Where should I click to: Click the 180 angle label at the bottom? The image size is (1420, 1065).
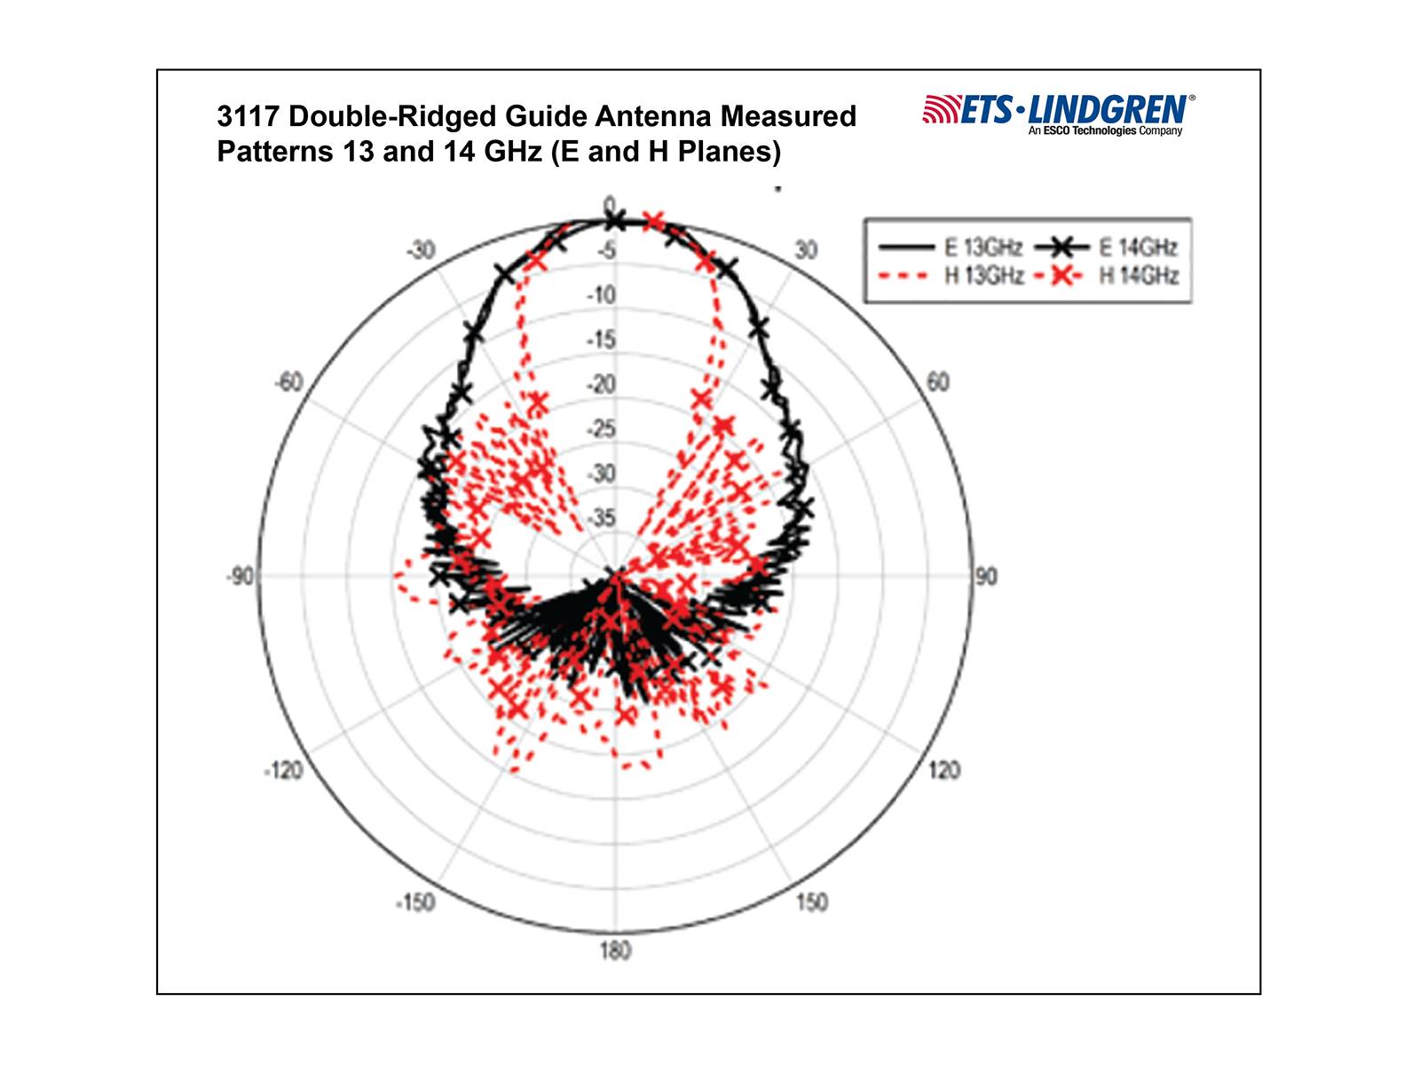point(615,951)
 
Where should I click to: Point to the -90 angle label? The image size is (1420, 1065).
point(240,577)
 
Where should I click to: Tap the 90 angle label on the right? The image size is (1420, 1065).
point(986,577)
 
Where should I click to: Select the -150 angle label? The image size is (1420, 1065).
point(415,903)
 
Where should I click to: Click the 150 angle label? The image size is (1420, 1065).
point(811,903)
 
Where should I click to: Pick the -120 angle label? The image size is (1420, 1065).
point(283,770)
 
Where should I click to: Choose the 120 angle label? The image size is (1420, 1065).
point(943,770)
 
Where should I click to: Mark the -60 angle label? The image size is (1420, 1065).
point(288,383)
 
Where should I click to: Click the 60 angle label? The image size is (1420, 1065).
point(937,383)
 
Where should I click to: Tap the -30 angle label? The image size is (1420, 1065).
point(421,250)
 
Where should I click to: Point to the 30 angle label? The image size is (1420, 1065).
point(806,250)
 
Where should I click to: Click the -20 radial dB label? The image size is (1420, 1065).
point(601,384)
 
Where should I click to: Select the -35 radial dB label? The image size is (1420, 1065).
point(601,517)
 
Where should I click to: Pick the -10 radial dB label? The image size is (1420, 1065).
point(601,295)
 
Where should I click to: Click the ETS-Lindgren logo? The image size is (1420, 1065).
point(1058,114)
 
